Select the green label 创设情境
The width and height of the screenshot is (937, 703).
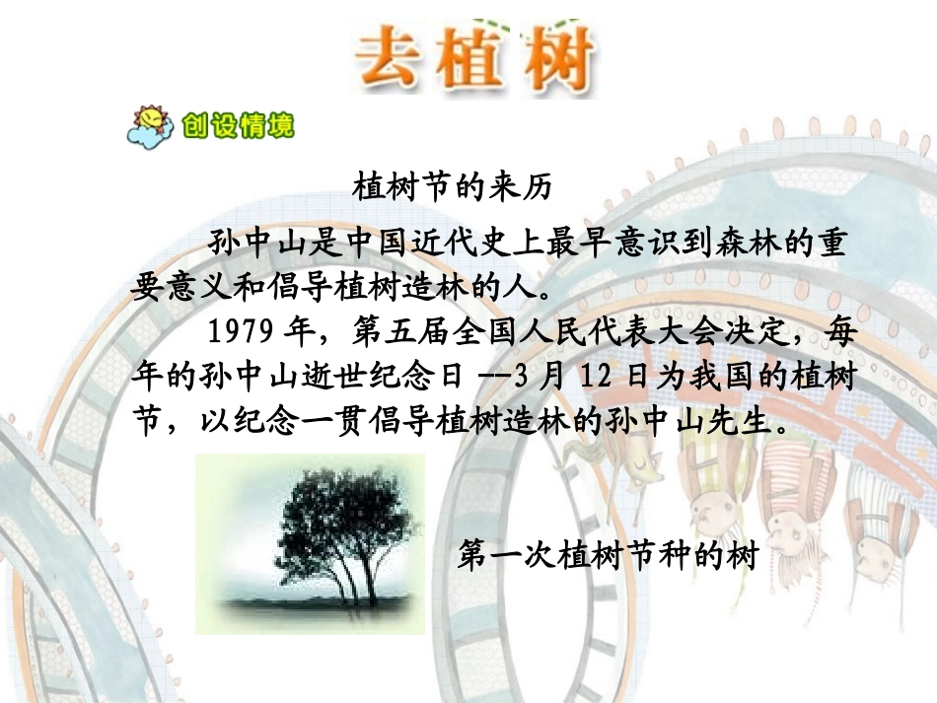[237, 126]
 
